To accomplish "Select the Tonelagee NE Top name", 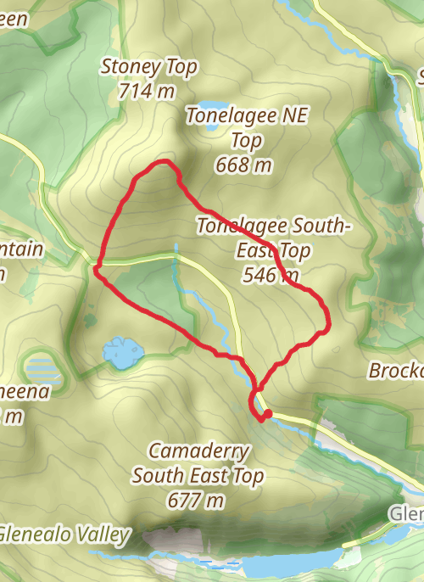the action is pyautogui.click(x=244, y=127).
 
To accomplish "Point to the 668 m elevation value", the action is pyautogui.click(x=244, y=165).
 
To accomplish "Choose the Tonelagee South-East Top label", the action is pyautogui.click(x=273, y=238).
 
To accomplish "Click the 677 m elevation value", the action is pyautogui.click(x=197, y=501).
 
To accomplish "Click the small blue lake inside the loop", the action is pyautogui.click(x=120, y=352).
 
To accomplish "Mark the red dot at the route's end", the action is pyautogui.click(x=267, y=414).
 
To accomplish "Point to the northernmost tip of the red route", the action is pyautogui.click(x=166, y=161).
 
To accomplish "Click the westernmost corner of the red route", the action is pyautogui.click(x=97, y=269).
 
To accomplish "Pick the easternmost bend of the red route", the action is pyautogui.click(x=327, y=322).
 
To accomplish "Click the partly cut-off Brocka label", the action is pyautogui.click(x=396, y=372).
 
